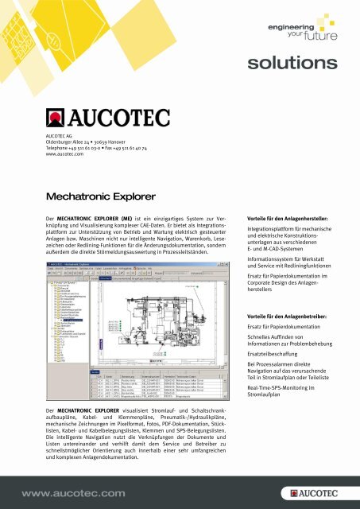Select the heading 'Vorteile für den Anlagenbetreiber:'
[x=292, y=317]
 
